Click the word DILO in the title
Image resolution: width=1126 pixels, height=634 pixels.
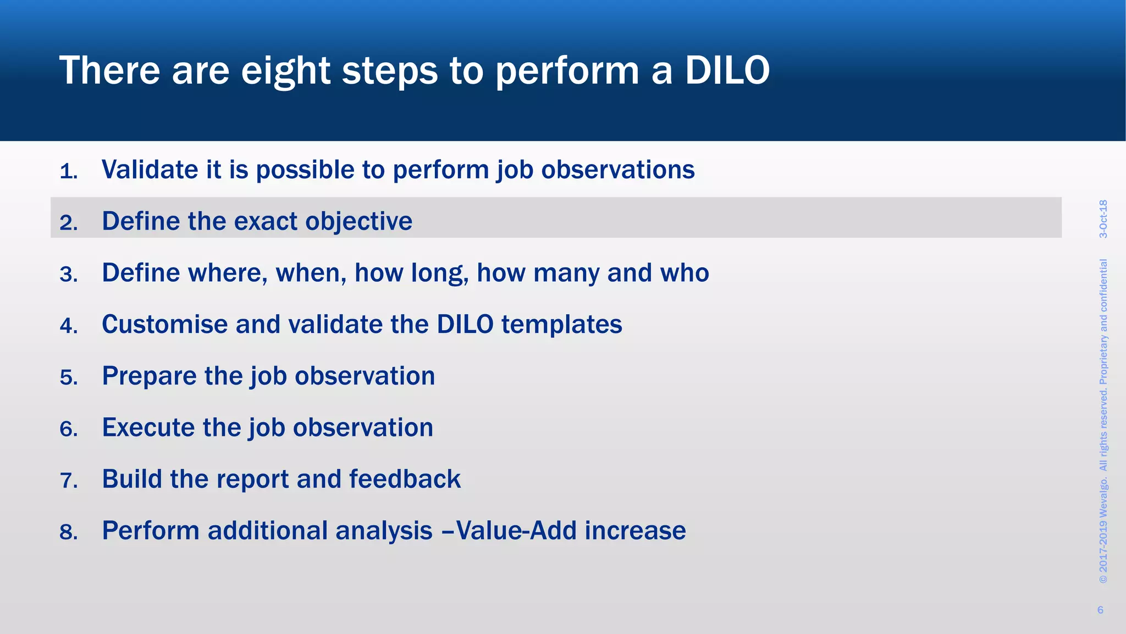click(x=727, y=70)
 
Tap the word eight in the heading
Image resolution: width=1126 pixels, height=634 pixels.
click(x=286, y=72)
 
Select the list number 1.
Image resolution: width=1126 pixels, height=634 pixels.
click(x=68, y=172)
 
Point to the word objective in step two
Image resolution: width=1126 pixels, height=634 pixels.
click(x=358, y=221)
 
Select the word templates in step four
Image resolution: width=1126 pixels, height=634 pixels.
click(x=561, y=324)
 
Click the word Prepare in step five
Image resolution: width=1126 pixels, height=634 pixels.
click(x=150, y=376)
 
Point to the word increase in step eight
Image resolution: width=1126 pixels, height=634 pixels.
click(x=635, y=531)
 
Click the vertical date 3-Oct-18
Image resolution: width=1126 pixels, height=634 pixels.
click(x=1103, y=218)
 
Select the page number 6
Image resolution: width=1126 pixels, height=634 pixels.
click(x=1100, y=610)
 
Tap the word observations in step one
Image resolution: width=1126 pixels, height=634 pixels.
click(x=618, y=170)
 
